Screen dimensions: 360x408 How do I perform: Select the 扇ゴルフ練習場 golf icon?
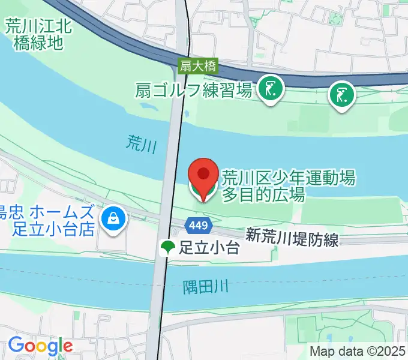point(271,90)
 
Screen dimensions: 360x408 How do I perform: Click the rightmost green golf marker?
point(342,95)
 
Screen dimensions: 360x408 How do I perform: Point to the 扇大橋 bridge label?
point(198,66)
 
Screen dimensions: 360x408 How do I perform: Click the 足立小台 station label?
point(210,247)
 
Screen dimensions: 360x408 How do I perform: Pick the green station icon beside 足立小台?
point(167,247)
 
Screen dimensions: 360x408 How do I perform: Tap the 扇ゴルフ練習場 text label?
point(193,91)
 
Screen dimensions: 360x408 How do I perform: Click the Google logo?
point(40,346)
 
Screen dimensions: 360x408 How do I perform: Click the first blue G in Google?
point(15,346)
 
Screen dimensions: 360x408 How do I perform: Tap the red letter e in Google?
point(67,347)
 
